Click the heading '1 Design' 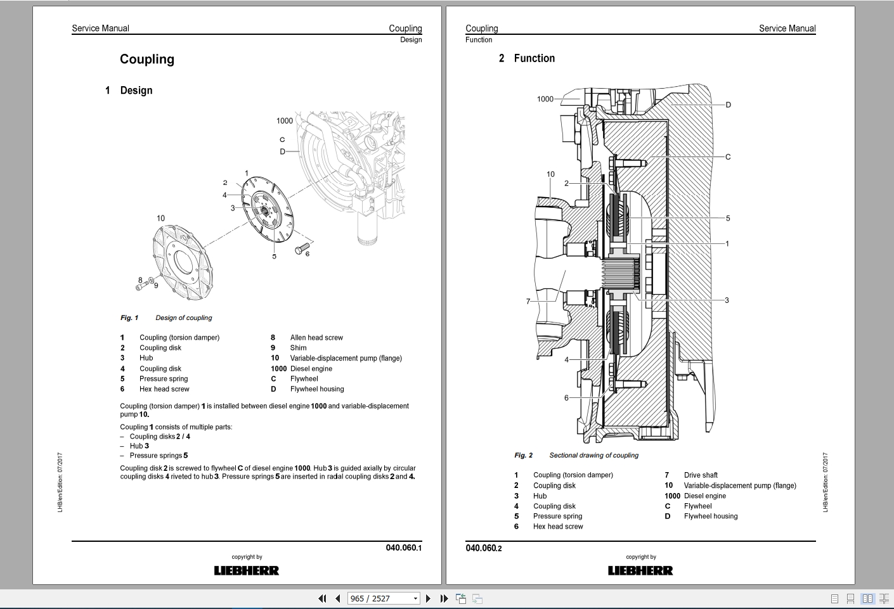pyautogui.click(x=129, y=91)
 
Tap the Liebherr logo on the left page pyautogui.click(x=247, y=570)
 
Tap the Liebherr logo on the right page pyautogui.click(x=640, y=570)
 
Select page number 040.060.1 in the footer pyautogui.click(x=403, y=548)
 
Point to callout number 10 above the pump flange pyautogui.click(x=160, y=218)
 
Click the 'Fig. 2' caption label pyautogui.click(x=523, y=455)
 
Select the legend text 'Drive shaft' pyautogui.click(x=701, y=475)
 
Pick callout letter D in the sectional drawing pyautogui.click(x=728, y=105)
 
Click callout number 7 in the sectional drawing pyautogui.click(x=528, y=301)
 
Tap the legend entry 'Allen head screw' pyautogui.click(x=316, y=337)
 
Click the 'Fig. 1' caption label pyautogui.click(x=129, y=317)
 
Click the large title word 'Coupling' pyautogui.click(x=147, y=59)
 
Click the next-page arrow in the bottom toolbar pyautogui.click(x=428, y=598)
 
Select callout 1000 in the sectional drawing pyautogui.click(x=545, y=99)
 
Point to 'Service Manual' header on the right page pyautogui.click(x=787, y=29)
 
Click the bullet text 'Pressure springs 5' pyautogui.click(x=159, y=455)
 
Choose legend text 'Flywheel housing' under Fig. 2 pyautogui.click(x=710, y=516)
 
